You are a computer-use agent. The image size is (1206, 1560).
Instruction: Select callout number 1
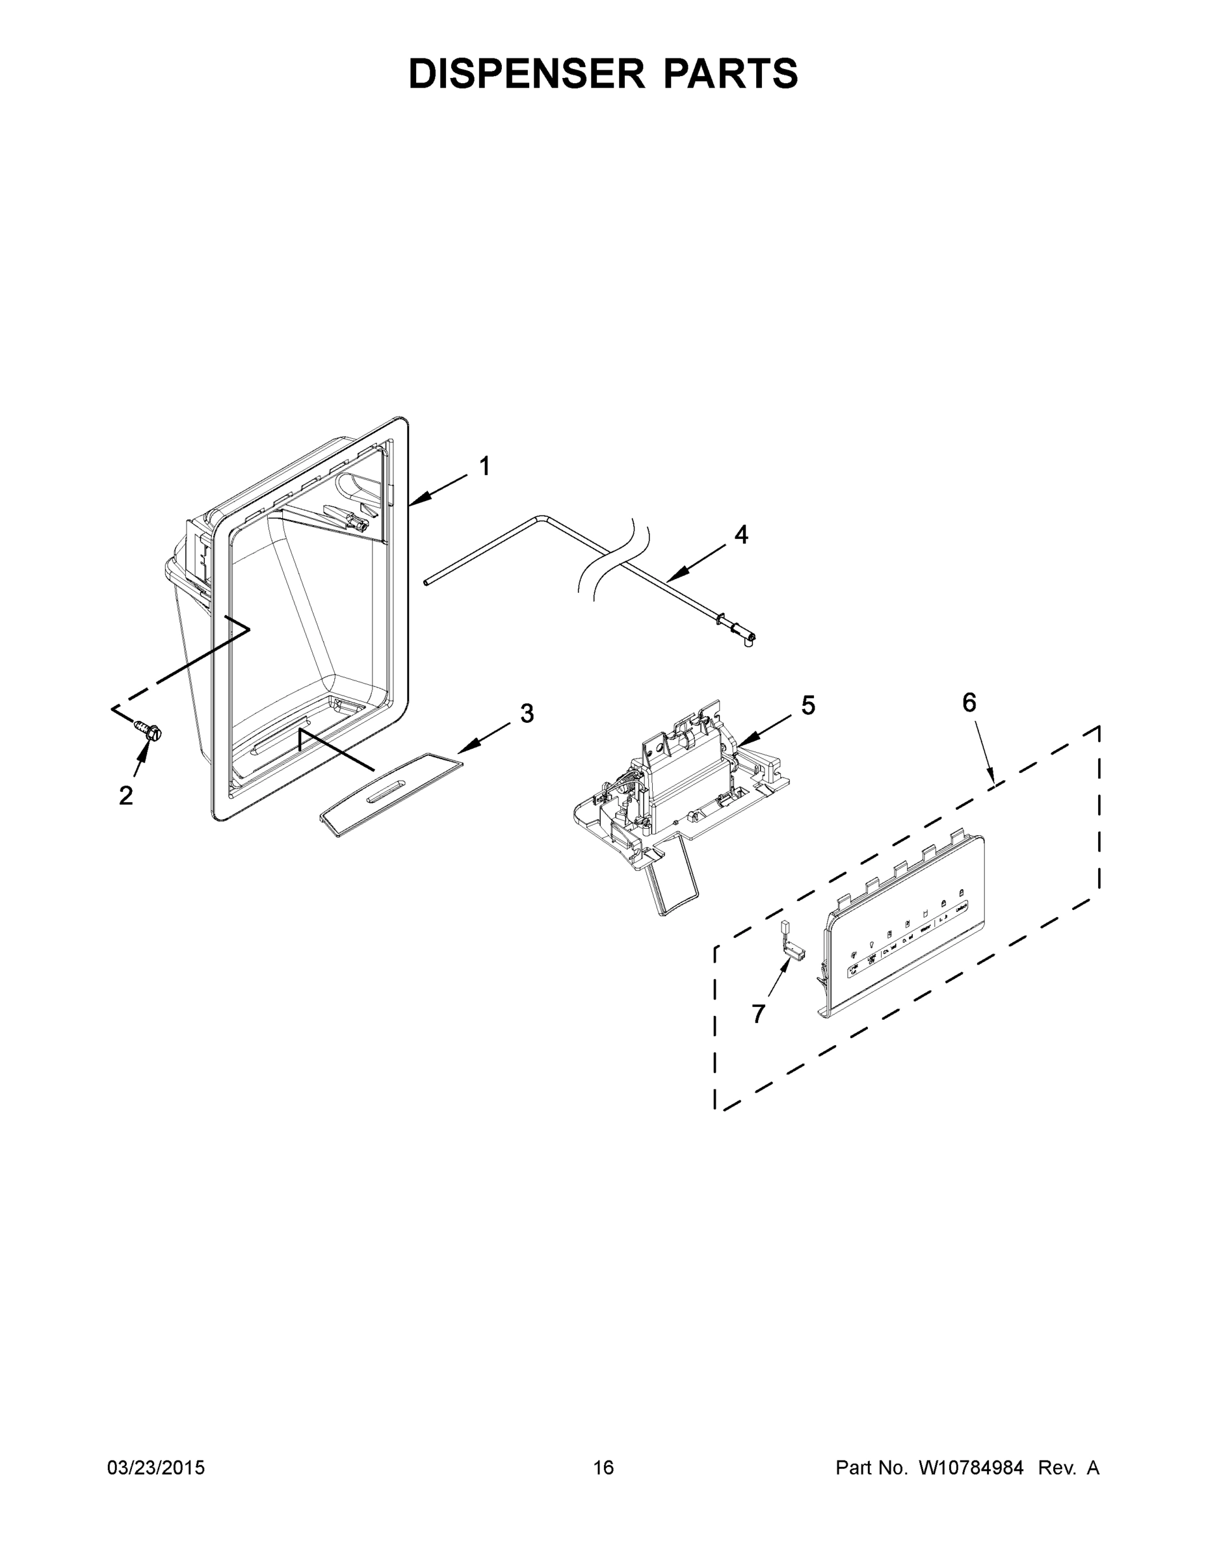click(484, 467)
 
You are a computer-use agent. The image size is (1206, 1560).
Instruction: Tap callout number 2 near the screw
click(125, 795)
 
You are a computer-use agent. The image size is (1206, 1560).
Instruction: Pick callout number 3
click(527, 713)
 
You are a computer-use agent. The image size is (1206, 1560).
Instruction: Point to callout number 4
click(741, 534)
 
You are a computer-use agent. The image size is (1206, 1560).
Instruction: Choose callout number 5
click(807, 705)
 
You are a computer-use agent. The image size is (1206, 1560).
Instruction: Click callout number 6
click(969, 703)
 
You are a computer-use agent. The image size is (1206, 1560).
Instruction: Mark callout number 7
click(758, 1013)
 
